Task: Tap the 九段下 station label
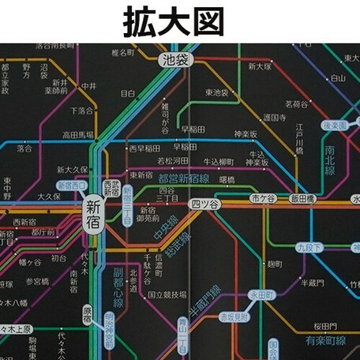(309, 247)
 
